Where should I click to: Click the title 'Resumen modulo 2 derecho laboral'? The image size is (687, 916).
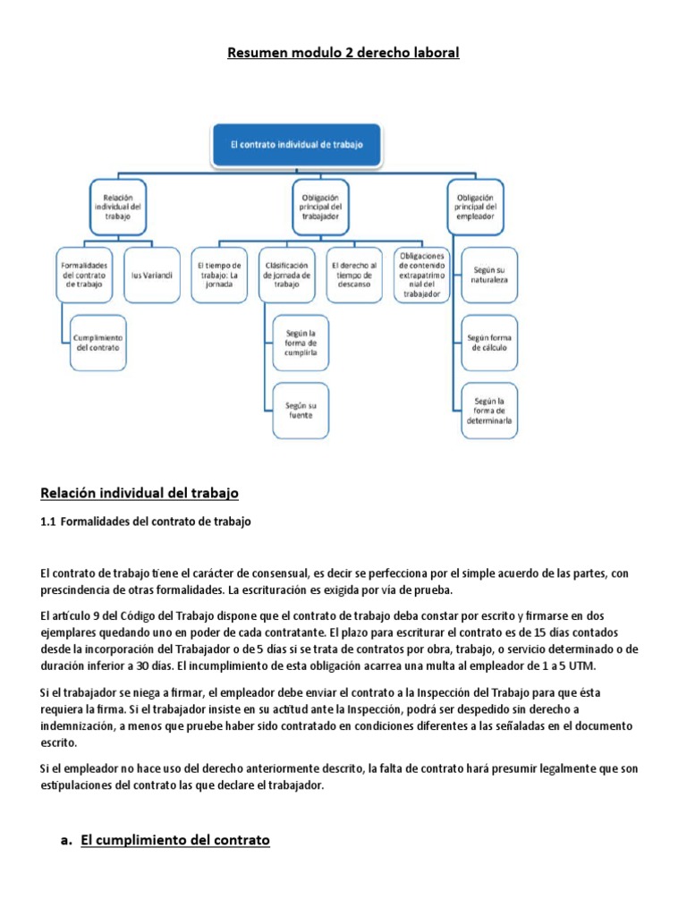343,53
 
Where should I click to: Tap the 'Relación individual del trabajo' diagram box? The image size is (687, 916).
119,206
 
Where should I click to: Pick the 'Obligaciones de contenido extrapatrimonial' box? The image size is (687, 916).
422,275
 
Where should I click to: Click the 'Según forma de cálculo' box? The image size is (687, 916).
488,342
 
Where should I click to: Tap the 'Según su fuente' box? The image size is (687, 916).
301,411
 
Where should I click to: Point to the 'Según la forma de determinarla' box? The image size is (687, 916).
488,411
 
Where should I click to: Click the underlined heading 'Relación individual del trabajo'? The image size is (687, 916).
140,493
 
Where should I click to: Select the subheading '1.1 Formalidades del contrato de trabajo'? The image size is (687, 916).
146,522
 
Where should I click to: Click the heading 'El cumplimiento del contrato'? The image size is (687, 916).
174,840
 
